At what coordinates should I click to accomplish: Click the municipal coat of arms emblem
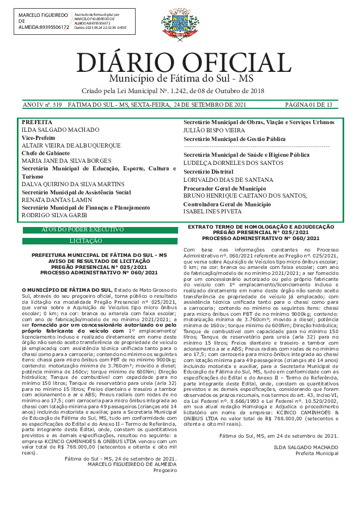point(180,24)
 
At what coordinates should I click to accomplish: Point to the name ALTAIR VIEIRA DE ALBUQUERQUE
point(71,146)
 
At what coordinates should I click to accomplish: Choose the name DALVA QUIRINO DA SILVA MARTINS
point(73,185)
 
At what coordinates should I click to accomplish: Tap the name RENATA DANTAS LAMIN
point(56,200)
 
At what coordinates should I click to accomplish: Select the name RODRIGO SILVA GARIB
point(55,215)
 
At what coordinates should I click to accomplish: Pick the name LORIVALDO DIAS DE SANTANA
point(221,180)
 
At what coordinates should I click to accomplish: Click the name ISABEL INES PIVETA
point(212,211)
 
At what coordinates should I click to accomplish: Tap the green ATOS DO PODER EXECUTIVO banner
point(100,230)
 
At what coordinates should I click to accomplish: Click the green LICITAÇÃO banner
point(100,241)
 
